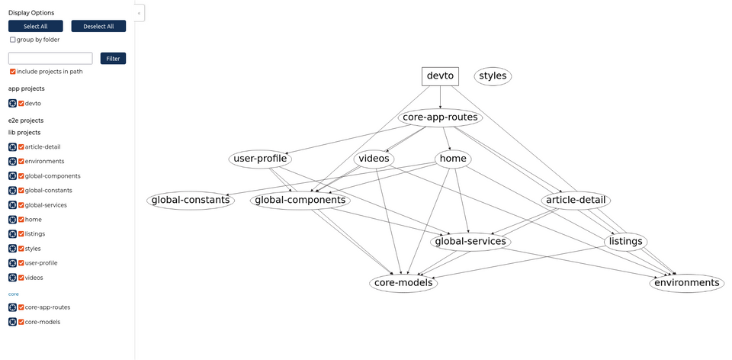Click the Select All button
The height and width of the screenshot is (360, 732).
click(x=35, y=26)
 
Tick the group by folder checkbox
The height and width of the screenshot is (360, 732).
click(x=13, y=40)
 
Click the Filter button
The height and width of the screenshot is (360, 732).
click(x=113, y=58)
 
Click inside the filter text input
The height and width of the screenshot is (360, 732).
click(x=50, y=58)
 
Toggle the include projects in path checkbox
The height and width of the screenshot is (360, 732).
click(x=13, y=72)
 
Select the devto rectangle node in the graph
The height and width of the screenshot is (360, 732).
click(x=440, y=76)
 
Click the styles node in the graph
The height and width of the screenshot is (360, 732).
click(x=493, y=76)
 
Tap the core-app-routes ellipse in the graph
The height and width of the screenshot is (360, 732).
click(x=440, y=117)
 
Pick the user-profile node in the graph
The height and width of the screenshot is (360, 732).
click(x=260, y=159)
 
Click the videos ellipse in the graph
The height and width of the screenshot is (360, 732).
click(x=374, y=159)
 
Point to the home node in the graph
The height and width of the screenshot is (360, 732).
click(x=453, y=159)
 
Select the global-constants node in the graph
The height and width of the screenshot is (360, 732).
click(x=190, y=201)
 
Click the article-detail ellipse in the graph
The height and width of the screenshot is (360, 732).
click(x=576, y=201)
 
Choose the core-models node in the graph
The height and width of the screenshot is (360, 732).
click(x=403, y=283)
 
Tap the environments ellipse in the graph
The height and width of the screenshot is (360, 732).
click(x=686, y=283)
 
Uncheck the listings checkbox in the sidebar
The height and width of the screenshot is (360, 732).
click(x=21, y=234)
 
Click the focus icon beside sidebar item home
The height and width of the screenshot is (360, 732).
click(x=12, y=220)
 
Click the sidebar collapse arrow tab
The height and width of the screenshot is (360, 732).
click(x=139, y=13)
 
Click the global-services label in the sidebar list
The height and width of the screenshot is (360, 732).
click(x=46, y=205)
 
